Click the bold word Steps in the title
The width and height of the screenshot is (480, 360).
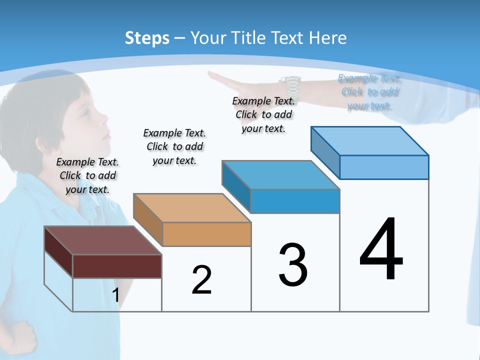coord(147,38)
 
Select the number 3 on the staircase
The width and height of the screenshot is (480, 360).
coord(293,265)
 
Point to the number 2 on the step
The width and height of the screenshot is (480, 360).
coord(201,280)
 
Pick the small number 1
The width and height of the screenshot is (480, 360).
coord(115,295)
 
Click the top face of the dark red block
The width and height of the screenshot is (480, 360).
coord(102,240)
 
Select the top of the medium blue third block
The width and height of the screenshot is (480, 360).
coord(280,174)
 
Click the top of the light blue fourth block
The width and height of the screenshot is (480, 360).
coord(369,140)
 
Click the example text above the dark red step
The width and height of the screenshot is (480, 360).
coord(87,175)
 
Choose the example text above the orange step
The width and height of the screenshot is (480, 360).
coord(174,146)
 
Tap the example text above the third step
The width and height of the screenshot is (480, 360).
coord(263,114)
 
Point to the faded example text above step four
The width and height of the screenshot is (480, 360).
coord(369,92)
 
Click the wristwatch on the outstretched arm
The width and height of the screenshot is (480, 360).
coord(290,86)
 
